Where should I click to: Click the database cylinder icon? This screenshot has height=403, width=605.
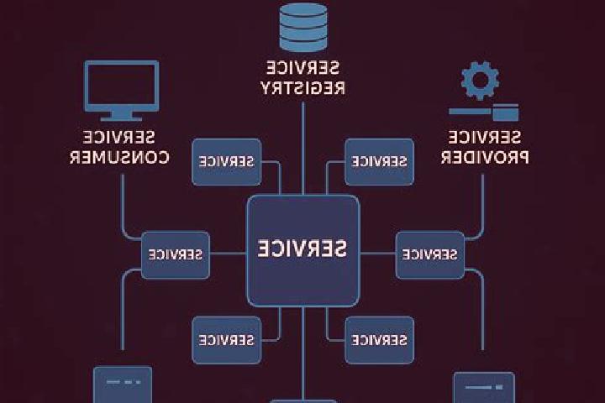(303, 27)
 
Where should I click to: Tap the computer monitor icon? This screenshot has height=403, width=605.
(122, 90)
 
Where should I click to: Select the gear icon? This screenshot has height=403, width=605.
(480, 81)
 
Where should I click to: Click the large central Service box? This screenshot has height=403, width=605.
(303, 251)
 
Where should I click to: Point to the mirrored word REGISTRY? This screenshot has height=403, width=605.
(302, 88)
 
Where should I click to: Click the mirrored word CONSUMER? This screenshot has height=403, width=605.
(119, 157)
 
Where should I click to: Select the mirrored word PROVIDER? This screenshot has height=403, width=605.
(485, 157)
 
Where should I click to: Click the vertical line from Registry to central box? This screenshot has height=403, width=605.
(302, 149)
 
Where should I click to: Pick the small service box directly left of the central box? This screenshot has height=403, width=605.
(176, 255)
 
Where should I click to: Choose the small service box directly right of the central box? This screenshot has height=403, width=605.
(430, 255)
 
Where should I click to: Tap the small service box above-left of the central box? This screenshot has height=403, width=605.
(227, 161)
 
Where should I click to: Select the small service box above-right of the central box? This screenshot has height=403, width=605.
(379, 161)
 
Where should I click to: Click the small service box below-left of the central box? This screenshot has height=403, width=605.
(227, 340)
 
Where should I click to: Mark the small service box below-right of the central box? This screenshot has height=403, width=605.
(379, 340)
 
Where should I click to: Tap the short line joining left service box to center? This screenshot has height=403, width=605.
(229, 254)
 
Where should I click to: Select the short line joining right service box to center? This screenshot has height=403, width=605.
(378, 254)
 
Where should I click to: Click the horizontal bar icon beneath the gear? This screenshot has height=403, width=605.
(484, 113)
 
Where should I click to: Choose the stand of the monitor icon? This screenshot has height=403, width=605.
(121, 116)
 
